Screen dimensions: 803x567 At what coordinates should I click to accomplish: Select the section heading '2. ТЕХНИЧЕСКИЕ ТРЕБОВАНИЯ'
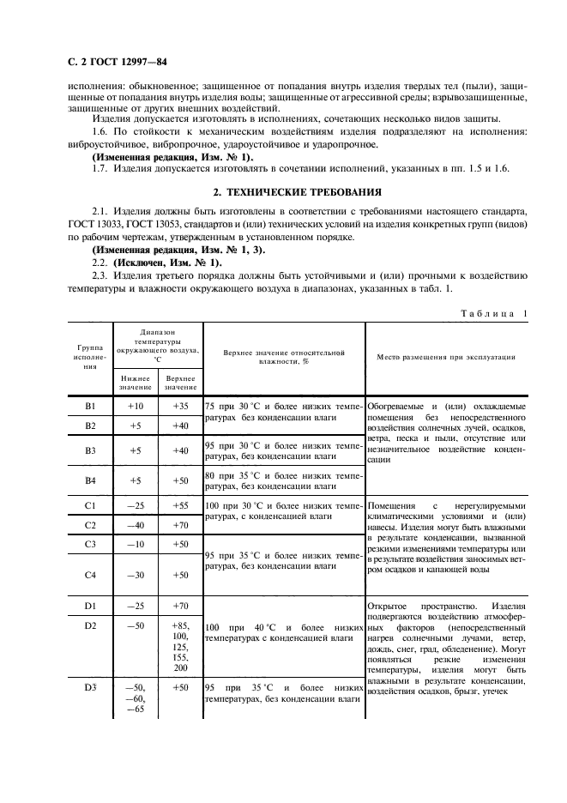point(283,191)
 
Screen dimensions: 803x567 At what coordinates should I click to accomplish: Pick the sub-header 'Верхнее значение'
point(180,381)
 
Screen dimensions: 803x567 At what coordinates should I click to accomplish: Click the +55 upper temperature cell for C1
point(180,505)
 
